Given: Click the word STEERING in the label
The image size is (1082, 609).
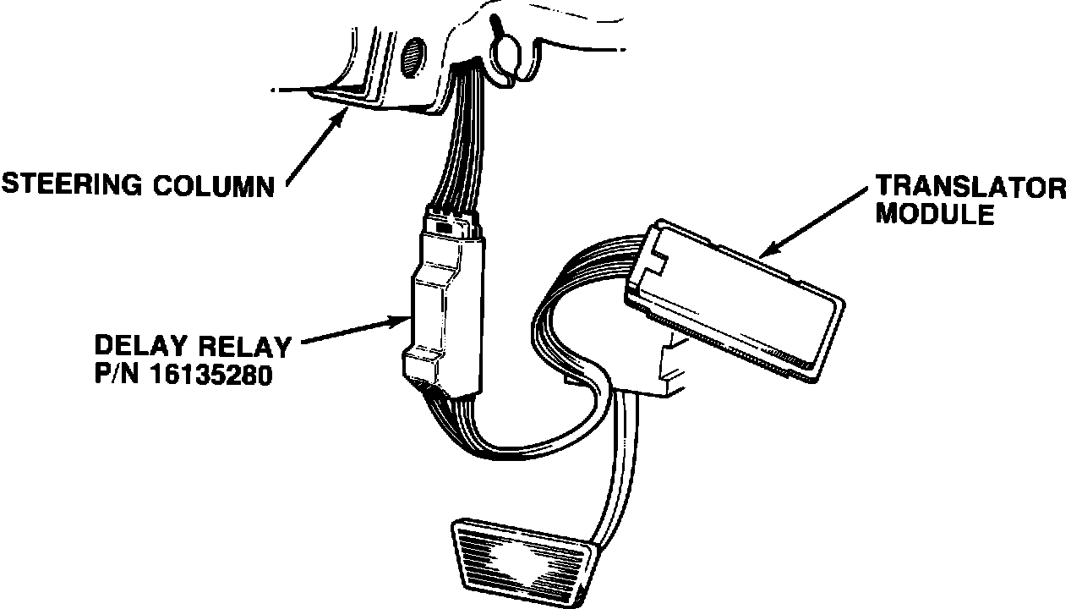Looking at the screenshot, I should (x=74, y=184).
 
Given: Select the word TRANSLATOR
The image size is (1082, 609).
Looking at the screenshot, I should (x=970, y=187).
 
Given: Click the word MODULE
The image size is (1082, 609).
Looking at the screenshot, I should (x=934, y=214).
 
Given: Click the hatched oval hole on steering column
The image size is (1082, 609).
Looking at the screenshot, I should (x=413, y=57).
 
